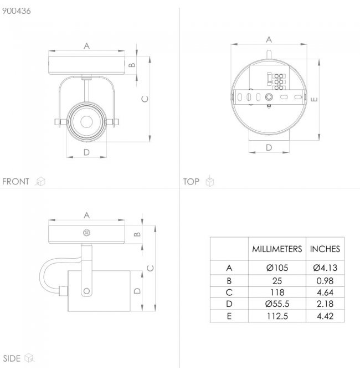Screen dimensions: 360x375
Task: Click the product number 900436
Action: pos(17,11)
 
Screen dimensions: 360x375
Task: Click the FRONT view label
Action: pos(16,182)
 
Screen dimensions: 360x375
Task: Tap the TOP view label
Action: pos(191,182)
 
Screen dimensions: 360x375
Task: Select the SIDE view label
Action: pos(12,358)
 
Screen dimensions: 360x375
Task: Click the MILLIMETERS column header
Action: pos(277,249)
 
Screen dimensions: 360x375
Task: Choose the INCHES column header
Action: pos(325,249)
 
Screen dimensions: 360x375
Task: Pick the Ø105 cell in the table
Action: pos(277,268)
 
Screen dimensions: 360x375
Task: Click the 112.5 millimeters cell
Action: pos(277,316)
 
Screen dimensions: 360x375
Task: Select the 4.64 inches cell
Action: pos(325,292)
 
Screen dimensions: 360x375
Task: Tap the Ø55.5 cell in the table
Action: pos(277,304)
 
